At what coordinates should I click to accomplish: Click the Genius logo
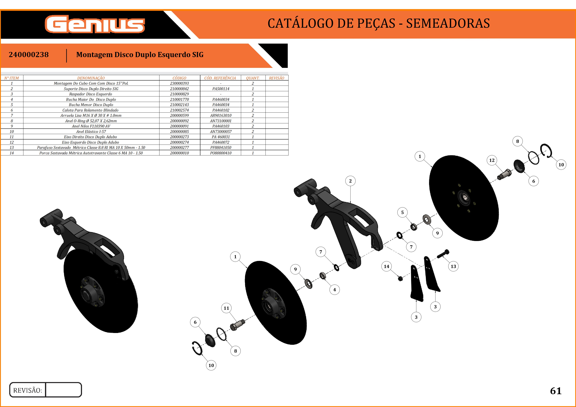pyautogui.click(x=95, y=24)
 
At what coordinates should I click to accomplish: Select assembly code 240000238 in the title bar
pyautogui.click(x=29, y=55)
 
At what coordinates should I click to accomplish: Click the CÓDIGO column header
pyautogui.click(x=179, y=78)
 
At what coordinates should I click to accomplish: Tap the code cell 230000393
pyautogui.click(x=179, y=83)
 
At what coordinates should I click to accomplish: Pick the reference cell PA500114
pyautogui.click(x=221, y=89)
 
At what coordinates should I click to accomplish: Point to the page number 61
pyautogui.click(x=556, y=391)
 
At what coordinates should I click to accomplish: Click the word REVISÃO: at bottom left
pyautogui.click(x=28, y=390)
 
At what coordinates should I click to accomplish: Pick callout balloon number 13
pyautogui.click(x=453, y=266)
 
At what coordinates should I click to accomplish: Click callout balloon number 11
pyautogui.click(x=226, y=308)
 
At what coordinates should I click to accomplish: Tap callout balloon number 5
pyautogui.click(x=402, y=212)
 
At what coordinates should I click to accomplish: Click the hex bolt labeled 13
pyautogui.click(x=443, y=254)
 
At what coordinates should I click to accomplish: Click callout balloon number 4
pyautogui.click(x=334, y=290)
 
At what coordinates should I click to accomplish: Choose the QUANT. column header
pyautogui.click(x=253, y=78)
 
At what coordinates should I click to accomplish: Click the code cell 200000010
pyautogui.click(x=179, y=153)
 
